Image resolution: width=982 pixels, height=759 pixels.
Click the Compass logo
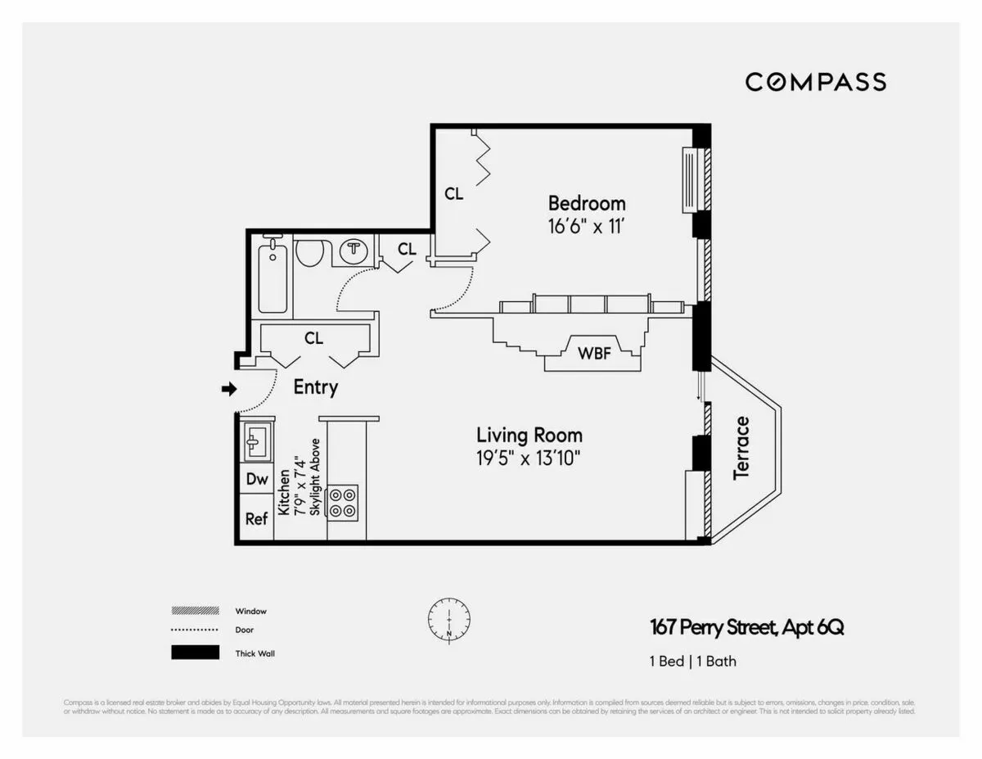click(815, 82)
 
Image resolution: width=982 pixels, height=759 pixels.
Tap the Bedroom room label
click(587, 203)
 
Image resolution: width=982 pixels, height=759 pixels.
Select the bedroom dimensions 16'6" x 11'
click(587, 226)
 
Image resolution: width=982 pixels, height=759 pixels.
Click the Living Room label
click(529, 435)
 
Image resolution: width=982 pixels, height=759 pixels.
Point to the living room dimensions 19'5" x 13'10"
click(529, 458)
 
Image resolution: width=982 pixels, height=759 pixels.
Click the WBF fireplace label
click(595, 354)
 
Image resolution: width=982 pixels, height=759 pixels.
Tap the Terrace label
click(741, 448)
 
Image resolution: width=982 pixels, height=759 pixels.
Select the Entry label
click(315, 387)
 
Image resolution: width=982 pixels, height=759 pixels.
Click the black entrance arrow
click(228, 390)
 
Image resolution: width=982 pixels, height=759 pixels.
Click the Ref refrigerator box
click(257, 519)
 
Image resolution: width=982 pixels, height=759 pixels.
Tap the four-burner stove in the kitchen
click(342, 502)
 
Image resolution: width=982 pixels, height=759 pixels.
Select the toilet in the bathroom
click(309, 251)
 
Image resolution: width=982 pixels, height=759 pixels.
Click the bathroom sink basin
click(354, 250)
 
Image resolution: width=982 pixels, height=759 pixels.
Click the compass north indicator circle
click(448, 621)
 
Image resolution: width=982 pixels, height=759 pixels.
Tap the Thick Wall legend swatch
click(195, 653)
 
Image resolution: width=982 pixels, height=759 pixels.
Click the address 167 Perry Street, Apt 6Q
click(746, 628)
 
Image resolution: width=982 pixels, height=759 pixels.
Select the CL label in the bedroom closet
click(453, 194)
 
